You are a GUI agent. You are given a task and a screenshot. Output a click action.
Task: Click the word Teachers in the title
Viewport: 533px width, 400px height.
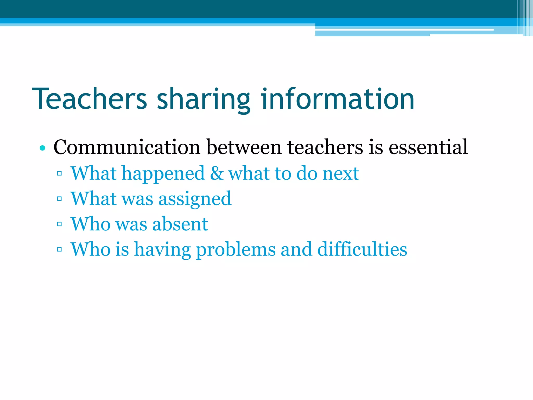click(x=90, y=99)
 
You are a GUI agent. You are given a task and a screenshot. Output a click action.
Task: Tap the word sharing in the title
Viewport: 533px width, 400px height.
click(x=204, y=100)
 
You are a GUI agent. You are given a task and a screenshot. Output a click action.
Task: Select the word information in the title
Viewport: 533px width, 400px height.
click(x=338, y=99)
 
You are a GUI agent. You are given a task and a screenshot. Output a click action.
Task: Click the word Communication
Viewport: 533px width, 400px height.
click(x=127, y=147)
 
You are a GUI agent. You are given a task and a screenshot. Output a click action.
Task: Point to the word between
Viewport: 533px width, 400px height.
click(x=244, y=147)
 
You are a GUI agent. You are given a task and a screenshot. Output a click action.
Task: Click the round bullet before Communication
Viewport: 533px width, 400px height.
click(x=43, y=148)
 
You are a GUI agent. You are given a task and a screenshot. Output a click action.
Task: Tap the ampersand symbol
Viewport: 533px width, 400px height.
click(x=217, y=173)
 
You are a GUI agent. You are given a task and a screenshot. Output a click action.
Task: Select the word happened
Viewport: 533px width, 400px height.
click(x=163, y=174)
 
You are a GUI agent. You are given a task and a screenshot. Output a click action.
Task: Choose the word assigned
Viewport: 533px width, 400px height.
click(x=195, y=199)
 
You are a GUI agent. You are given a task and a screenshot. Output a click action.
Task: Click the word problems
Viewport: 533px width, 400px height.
click(x=236, y=250)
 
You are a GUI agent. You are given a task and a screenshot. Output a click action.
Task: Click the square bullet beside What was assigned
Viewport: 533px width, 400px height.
click(x=59, y=199)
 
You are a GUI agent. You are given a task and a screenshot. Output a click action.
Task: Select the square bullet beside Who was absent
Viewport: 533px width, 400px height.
click(x=59, y=224)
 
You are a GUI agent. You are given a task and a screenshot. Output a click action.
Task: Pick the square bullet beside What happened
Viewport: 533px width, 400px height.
click(x=59, y=173)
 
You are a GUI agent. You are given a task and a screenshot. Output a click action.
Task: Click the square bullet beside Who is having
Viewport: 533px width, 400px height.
click(x=59, y=249)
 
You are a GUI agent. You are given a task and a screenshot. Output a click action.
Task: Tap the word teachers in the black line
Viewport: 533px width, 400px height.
click(x=325, y=147)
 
